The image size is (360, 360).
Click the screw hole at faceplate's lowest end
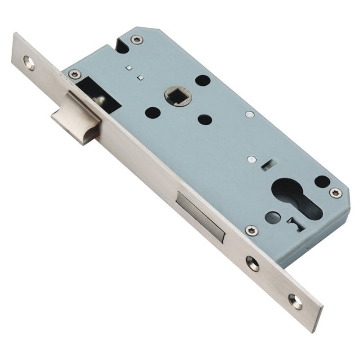pos(295,301)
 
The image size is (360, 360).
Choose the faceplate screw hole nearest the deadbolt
pos(252,263)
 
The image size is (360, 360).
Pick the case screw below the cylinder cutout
pos(251,230)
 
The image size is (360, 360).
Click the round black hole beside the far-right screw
pos(322,181)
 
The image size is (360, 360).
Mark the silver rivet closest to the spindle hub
pos(249,114)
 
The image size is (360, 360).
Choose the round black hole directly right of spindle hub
pos(203,81)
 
